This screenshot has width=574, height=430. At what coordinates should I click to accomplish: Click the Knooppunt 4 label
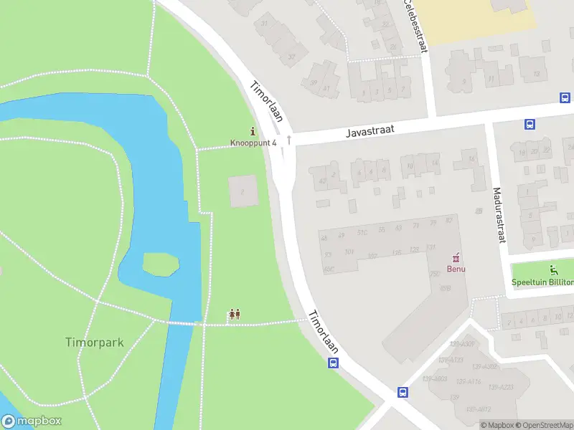tap(253, 143)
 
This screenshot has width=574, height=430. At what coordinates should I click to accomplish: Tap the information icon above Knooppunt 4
tap(253, 131)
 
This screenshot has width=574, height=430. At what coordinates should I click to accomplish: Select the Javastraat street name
tap(370, 130)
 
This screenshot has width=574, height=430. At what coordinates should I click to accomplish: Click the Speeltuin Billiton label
tap(543, 282)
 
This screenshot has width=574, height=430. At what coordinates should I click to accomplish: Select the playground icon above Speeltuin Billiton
tap(553, 270)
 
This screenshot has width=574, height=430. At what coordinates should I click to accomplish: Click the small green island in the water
tap(161, 264)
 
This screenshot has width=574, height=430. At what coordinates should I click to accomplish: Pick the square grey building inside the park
tap(243, 191)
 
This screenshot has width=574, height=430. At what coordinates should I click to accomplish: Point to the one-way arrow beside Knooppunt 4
tap(288, 140)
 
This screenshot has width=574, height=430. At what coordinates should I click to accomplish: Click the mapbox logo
tap(32, 421)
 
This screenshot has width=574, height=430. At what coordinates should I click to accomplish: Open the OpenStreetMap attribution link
tap(545, 425)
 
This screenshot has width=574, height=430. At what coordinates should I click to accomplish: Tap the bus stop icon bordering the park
tap(334, 363)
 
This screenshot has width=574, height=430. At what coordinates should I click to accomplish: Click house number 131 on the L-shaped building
tap(430, 247)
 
